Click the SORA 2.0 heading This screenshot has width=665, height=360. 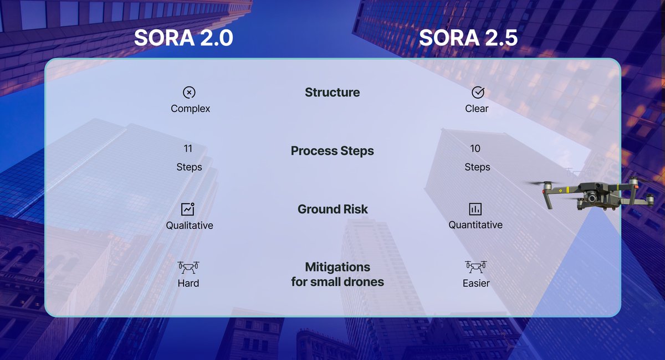183,38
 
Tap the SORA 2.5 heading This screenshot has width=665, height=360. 468,38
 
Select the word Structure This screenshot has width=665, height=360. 332,92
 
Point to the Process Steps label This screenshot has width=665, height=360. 332,151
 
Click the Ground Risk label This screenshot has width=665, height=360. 332,209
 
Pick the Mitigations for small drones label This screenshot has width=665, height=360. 337,274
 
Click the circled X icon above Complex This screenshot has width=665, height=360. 190,92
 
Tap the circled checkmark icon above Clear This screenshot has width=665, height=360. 477,92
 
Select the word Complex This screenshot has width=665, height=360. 190,109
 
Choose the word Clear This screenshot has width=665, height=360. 477,109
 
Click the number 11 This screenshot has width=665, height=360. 188,148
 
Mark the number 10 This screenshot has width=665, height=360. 475,148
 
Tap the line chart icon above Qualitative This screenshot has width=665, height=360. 188,209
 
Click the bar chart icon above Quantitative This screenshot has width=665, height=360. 475,209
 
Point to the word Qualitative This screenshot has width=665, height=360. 190,225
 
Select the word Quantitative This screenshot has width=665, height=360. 475,225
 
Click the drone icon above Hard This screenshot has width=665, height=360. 188,268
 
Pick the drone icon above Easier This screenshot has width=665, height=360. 475,268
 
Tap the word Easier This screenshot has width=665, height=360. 476,284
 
